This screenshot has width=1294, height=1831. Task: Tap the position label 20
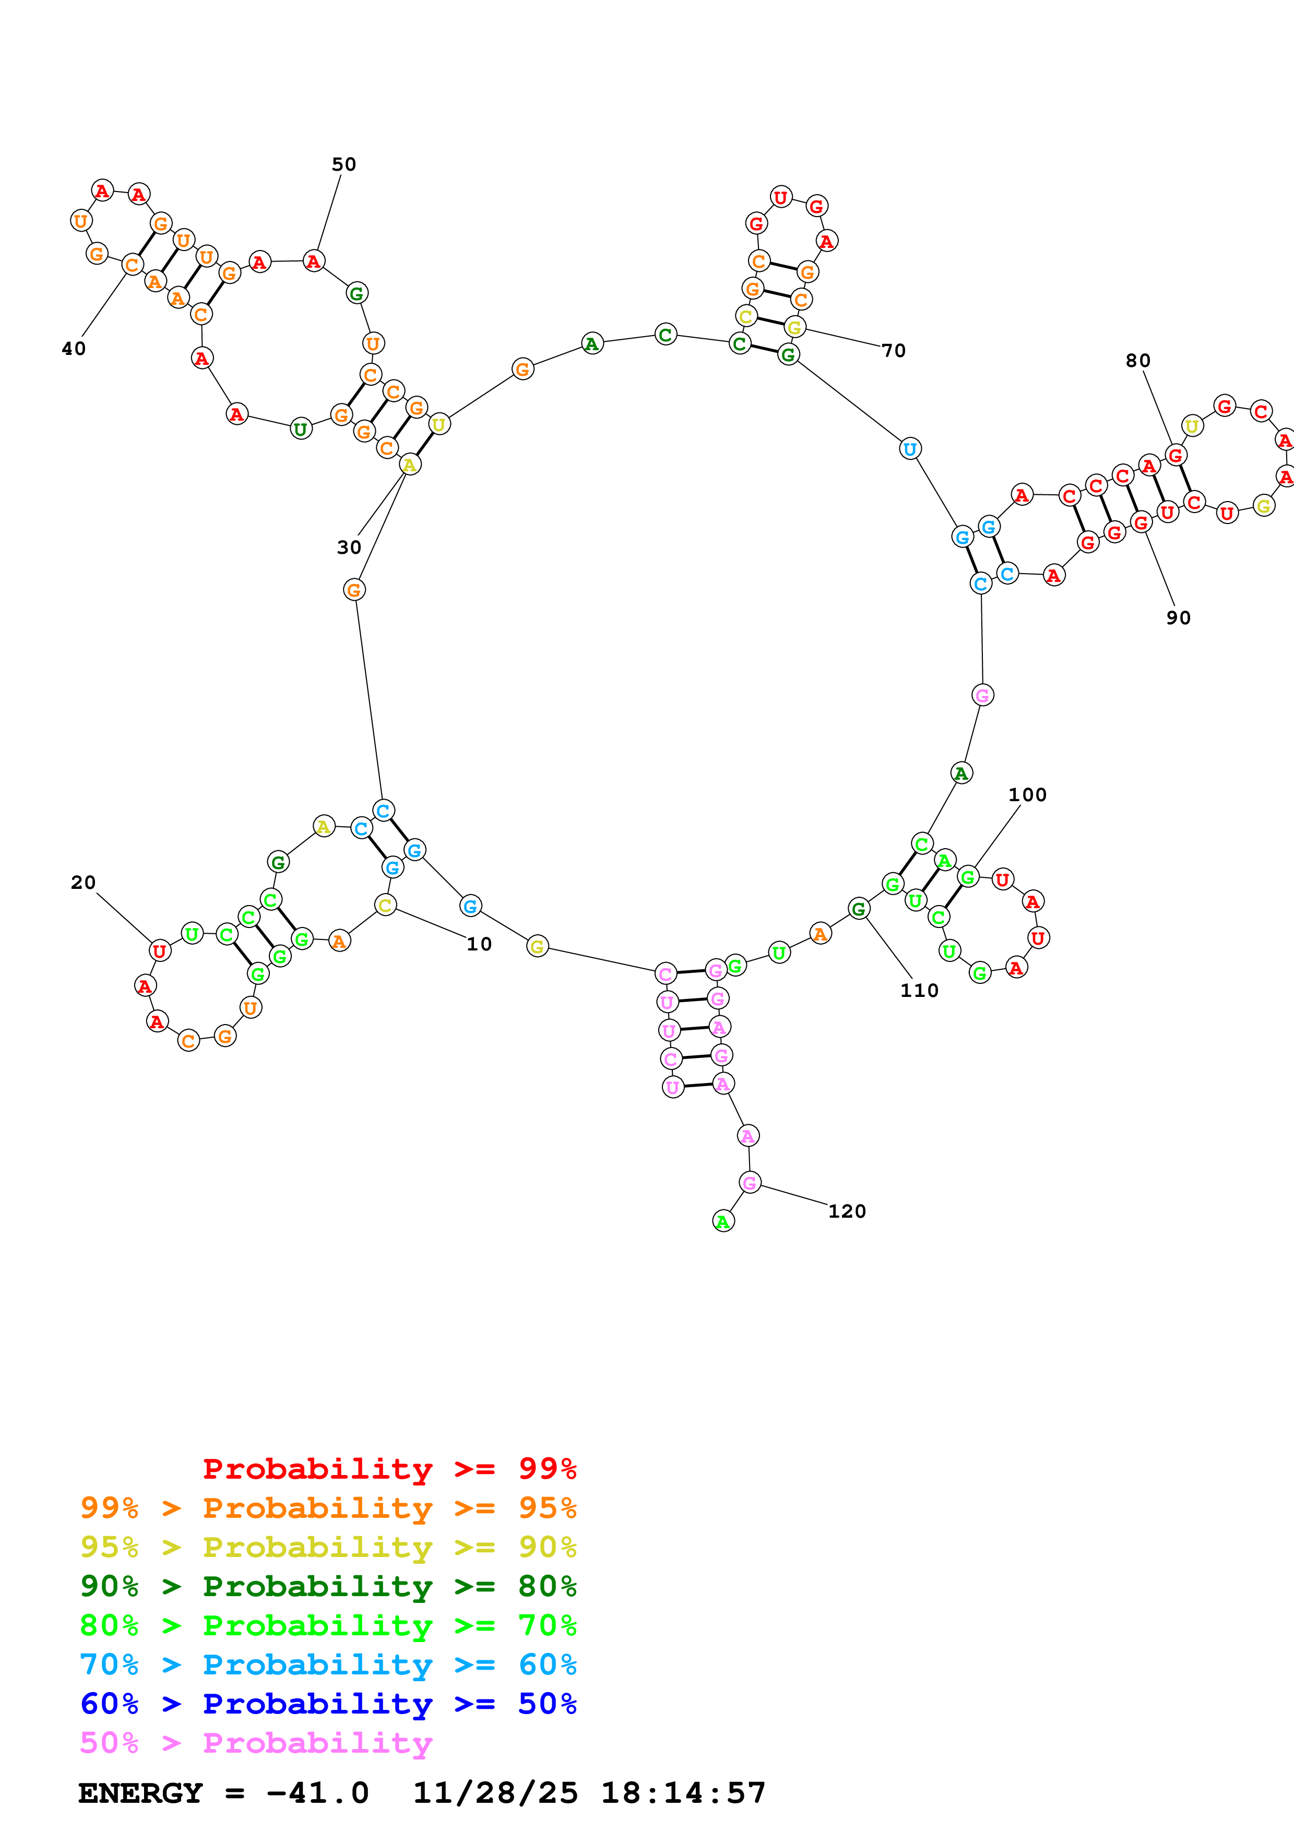(x=83, y=883)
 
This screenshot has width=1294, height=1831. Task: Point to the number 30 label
(x=348, y=548)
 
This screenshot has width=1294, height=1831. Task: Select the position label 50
(x=343, y=165)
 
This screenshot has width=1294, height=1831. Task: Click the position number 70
(x=893, y=351)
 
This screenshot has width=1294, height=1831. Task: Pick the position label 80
(x=1138, y=361)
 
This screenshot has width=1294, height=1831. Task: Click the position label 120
(x=847, y=1211)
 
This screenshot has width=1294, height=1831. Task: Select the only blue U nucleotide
(x=910, y=449)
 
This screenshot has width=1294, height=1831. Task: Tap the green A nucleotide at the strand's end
(x=723, y=1221)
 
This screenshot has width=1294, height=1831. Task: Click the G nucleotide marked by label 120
(x=750, y=1183)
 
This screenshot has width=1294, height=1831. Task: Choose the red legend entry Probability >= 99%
(x=389, y=1469)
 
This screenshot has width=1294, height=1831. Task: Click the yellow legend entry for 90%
(x=328, y=1547)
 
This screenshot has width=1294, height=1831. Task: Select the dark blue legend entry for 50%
(x=328, y=1704)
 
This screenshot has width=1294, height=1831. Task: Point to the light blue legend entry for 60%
(x=328, y=1664)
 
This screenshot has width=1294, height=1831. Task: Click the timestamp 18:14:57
(x=683, y=1793)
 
